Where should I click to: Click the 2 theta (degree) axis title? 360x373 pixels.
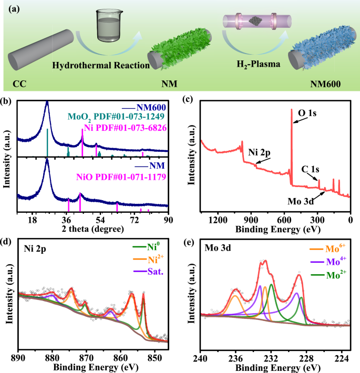[x=93, y=230]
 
